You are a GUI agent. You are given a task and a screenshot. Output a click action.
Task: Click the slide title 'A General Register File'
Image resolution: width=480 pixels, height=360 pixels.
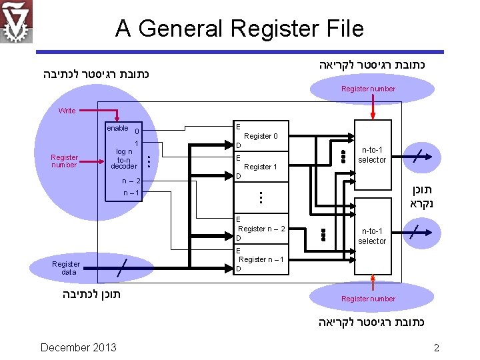pos(239,29)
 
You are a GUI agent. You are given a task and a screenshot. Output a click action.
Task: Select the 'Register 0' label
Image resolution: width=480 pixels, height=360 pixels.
pos(261,136)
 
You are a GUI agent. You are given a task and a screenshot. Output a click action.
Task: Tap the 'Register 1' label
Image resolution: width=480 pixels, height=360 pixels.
pos(261,167)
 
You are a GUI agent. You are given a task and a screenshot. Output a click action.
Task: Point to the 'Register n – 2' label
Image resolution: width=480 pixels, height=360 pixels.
pos(261,229)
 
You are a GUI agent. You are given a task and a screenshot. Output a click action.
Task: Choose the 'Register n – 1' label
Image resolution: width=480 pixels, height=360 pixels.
pos(261,259)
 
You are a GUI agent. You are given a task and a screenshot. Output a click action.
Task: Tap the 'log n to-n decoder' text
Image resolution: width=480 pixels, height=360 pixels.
pos(124,159)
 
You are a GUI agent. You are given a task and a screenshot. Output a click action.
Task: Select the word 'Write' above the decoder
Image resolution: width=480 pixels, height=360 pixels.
pos(67,111)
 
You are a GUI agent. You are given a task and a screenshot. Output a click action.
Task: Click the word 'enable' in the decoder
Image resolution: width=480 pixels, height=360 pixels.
pos(117,128)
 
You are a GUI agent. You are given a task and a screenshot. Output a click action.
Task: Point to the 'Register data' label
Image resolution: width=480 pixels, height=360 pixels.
pos(65,268)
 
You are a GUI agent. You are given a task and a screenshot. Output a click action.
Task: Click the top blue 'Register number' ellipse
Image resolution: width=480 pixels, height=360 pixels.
pos(368,89)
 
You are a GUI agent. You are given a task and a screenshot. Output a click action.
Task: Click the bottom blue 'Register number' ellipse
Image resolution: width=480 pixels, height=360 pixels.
pos(368,299)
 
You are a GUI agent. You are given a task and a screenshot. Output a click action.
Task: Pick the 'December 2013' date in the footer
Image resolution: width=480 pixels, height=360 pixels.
pos(78,347)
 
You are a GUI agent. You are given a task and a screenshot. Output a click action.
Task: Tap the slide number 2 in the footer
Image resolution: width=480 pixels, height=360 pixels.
pos(437,347)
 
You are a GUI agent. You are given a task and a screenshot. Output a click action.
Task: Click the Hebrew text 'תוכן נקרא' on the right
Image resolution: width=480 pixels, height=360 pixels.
pos(422,195)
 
